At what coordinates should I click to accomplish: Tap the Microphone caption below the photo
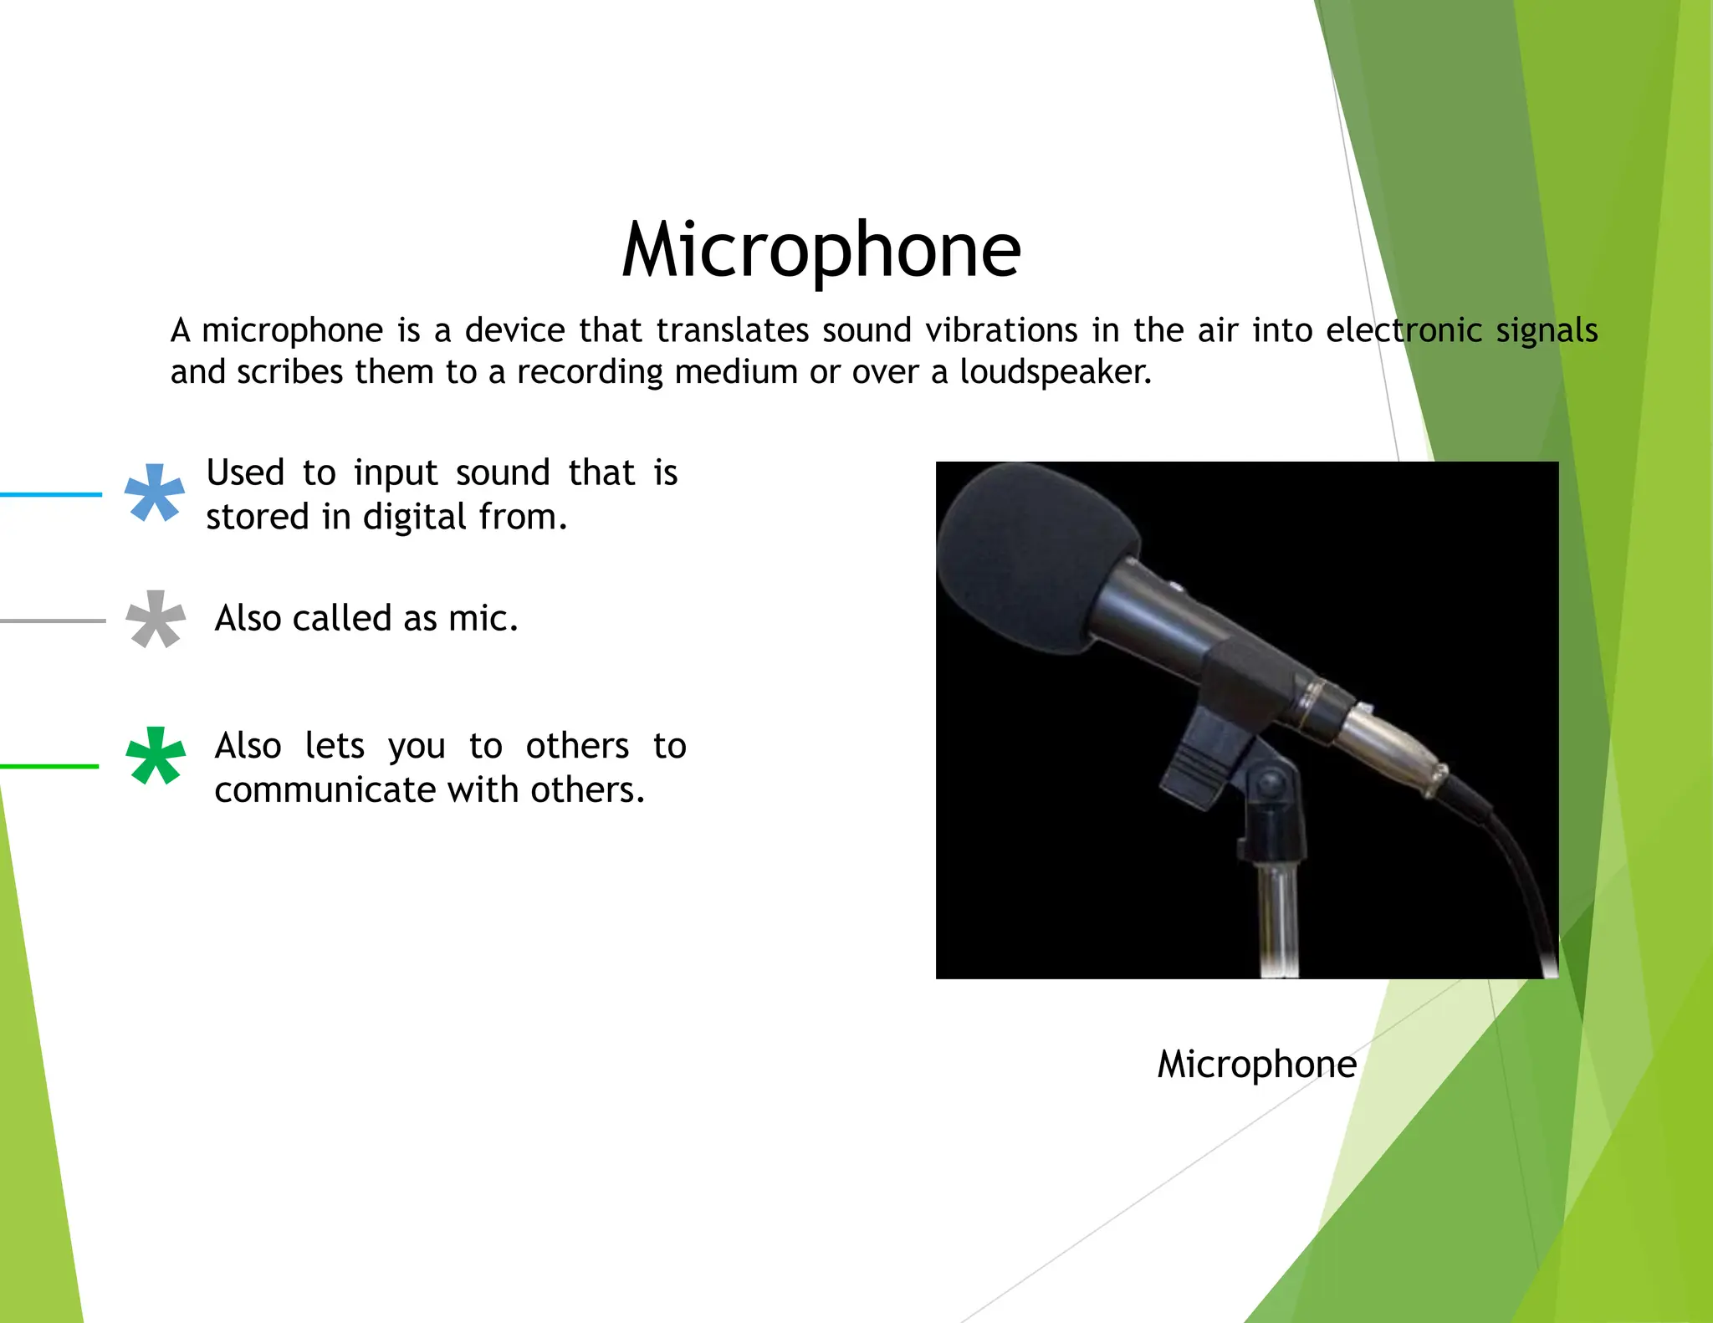1256,1065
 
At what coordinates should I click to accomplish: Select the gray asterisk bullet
155,620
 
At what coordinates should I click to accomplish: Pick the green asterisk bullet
155,757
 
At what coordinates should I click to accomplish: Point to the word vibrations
1001,330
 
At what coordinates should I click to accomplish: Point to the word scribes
289,372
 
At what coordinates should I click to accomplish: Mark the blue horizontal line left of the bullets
50,494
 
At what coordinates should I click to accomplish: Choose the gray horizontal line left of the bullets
52,621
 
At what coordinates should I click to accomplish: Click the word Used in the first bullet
245,473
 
